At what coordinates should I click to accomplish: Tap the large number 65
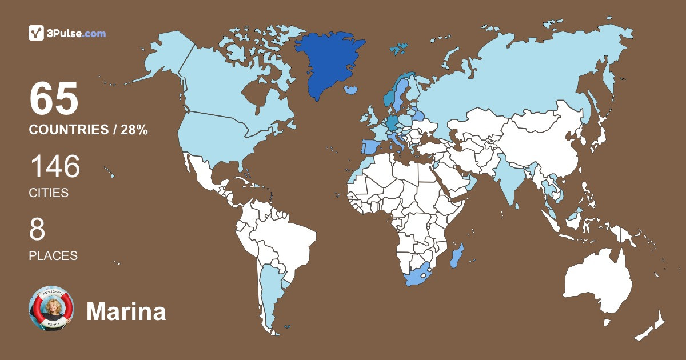coord(54,98)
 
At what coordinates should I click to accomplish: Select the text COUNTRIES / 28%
coord(89,130)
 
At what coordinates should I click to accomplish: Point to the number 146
coord(55,167)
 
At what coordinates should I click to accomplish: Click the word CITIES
coord(49,193)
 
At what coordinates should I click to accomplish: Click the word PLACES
coord(53,255)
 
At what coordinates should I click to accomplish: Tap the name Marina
coord(126,312)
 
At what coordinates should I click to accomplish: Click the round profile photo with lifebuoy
coord(51,309)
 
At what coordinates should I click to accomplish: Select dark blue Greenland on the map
coord(330,60)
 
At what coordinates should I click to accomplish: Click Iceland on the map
coord(352,90)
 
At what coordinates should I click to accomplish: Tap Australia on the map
coord(597,283)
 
